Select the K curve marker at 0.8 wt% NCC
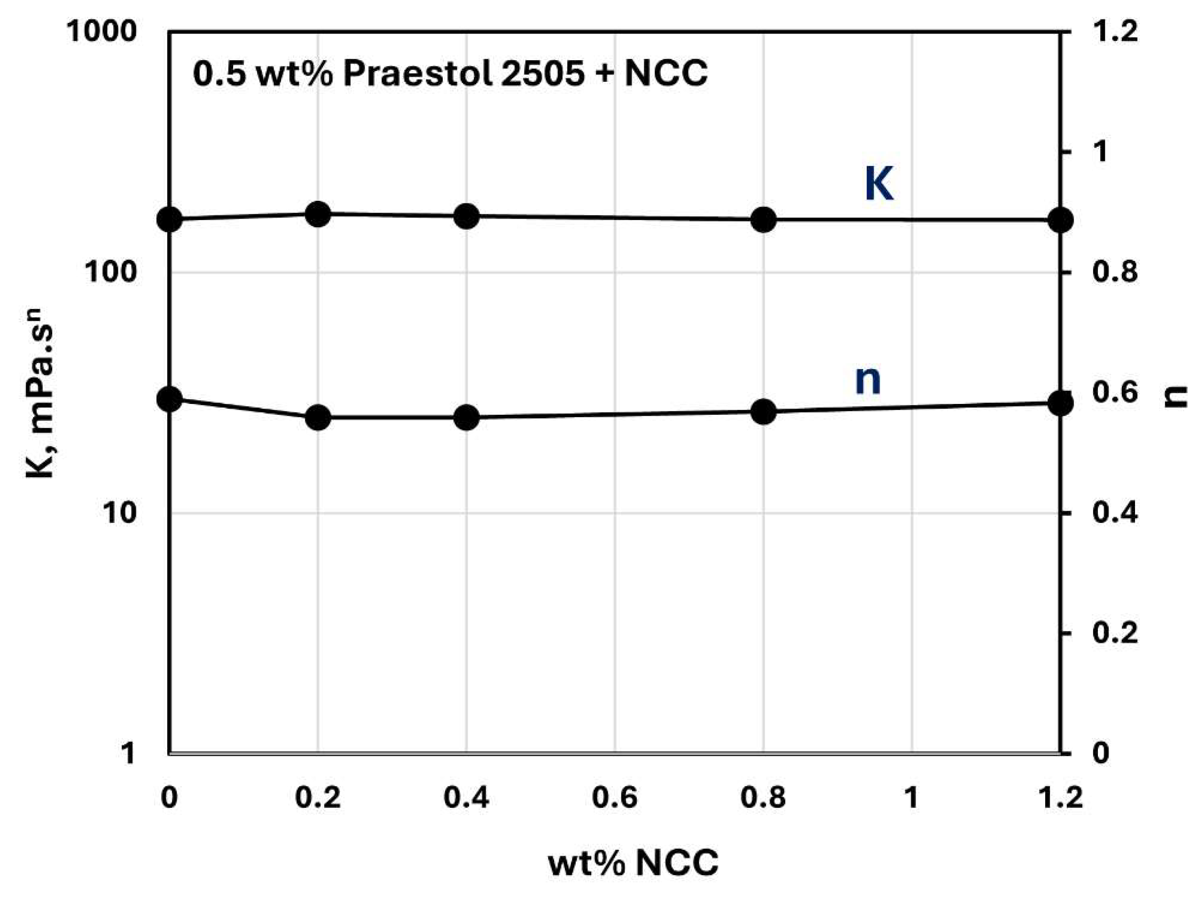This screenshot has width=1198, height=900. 764,220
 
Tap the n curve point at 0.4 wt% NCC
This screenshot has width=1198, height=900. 466,418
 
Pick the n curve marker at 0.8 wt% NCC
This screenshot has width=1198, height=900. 764,412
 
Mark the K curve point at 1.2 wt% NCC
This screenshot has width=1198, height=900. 1060,221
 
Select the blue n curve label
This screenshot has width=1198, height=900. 868,380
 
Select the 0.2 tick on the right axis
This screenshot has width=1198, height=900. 1115,633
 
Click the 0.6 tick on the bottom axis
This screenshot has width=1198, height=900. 615,797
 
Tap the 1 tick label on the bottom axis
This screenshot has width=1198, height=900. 912,797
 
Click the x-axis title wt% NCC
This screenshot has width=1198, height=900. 634,863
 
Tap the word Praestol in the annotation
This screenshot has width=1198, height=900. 417,73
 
